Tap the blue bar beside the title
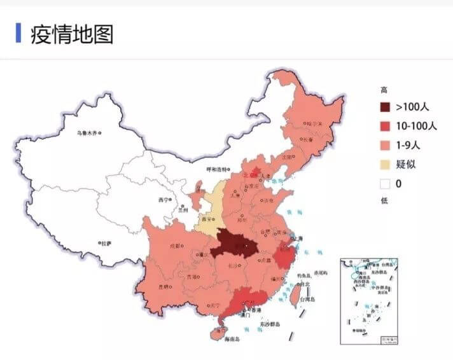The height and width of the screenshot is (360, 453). [x=18, y=33]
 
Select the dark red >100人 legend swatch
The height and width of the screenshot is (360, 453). [x=385, y=107]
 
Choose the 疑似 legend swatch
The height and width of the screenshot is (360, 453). [x=385, y=164]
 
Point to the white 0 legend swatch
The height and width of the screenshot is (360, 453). [x=385, y=184]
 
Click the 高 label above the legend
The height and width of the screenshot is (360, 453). [x=384, y=90]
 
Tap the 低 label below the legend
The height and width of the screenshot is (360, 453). [x=384, y=201]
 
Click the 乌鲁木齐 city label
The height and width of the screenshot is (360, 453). [x=87, y=133]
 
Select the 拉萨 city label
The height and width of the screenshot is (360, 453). [x=106, y=243]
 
